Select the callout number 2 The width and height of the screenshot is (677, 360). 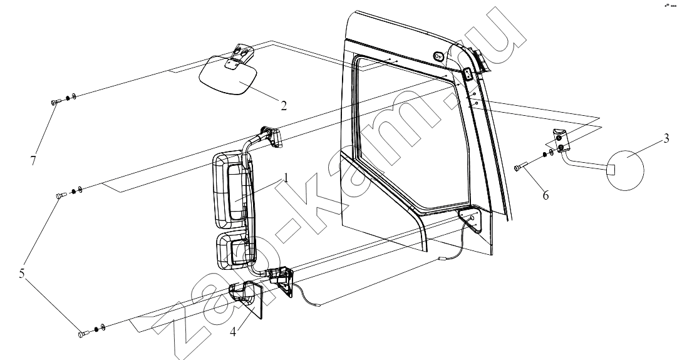(283, 105)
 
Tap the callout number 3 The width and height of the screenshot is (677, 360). (666, 138)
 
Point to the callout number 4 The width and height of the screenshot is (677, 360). (233, 332)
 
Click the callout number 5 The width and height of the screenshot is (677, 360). (21, 274)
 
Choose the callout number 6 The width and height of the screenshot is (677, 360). (545, 195)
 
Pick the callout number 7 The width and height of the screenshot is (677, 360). (33, 160)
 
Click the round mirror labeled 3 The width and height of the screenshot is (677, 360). (625, 170)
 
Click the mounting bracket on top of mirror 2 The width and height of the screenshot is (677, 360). (239, 56)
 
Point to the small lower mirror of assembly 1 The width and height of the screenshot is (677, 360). (233, 252)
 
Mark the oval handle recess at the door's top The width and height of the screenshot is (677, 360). (438, 56)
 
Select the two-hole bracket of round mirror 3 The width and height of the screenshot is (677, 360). (560, 141)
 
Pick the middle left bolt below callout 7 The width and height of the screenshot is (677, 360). (61, 195)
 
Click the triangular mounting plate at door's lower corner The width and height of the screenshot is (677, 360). (475, 224)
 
